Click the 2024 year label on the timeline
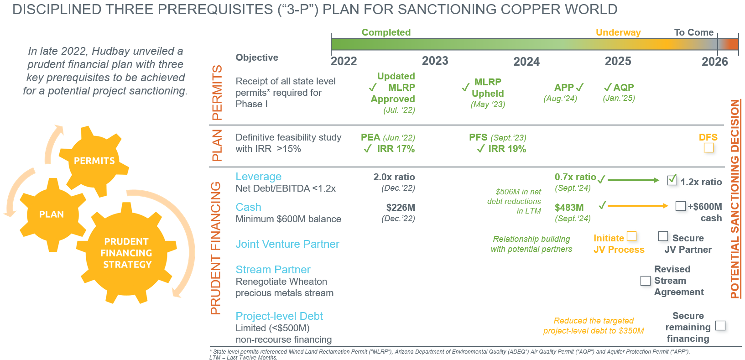[526, 62]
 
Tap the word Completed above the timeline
[386, 32]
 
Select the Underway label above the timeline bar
[618, 32]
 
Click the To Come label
[693, 32]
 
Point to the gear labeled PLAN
[52, 214]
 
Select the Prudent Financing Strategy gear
[126, 253]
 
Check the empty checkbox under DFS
[709, 148]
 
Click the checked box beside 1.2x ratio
[672, 180]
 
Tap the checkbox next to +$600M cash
[680, 206]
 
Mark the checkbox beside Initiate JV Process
[631, 236]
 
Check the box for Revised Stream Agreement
[645, 281]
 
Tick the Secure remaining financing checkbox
[720, 325]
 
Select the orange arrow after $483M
[637, 206]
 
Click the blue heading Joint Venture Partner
[287, 244]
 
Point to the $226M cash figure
[400, 208]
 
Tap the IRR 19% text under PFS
[506, 149]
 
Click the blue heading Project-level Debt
[279, 316]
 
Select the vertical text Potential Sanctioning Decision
[735, 198]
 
